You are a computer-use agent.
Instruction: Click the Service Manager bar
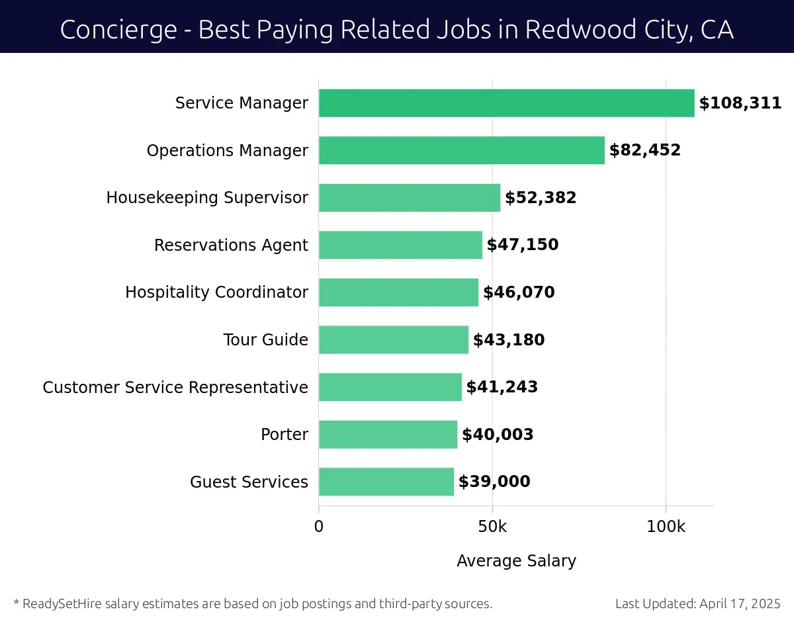click(x=506, y=103)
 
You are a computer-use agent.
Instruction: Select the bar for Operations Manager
click(x=461, y=150)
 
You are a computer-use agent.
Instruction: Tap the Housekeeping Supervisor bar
click(x=409, y=198)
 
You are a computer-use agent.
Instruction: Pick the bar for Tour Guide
click(x=393, y=339)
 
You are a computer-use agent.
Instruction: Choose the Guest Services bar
click(x=386, y=482)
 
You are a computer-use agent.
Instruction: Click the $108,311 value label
click(x=740, y=103)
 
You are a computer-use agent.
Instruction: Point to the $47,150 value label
click(x=523, y=245)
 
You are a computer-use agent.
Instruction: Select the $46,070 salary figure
click(x=519, y=292)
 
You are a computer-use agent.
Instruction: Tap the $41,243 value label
click(x=502, y=387)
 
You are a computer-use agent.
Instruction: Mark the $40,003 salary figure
click(x=498, y=435)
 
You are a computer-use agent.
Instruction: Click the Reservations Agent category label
click(x=231, y=245)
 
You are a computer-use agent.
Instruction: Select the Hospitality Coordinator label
click(x=216, y=292)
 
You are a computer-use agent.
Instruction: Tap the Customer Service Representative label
click(x=175, y=387)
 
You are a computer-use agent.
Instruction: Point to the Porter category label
click(x=285, y=435)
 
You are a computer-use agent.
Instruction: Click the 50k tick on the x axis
click(x=492, y=527)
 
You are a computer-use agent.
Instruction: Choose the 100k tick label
click(x=666, y=527)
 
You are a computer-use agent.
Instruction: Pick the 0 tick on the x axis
click(x=319, y=527)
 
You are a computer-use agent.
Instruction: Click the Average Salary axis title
click(x=516, y=561)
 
